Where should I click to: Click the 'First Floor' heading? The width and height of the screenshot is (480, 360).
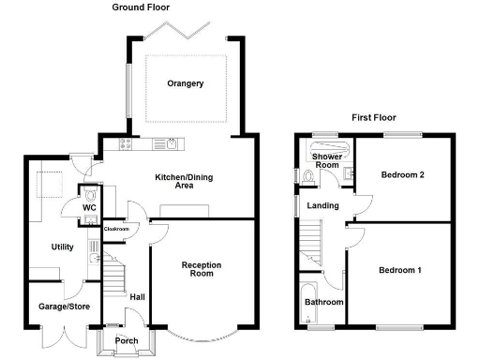(x=374, y=118)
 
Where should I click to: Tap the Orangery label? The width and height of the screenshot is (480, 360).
(x=185, y=83)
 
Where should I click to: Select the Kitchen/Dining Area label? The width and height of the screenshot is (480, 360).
(x=173, y=181)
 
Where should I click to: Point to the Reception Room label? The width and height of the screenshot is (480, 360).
(x=201, y=270)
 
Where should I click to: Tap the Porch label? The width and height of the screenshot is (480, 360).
(x=126, y=340)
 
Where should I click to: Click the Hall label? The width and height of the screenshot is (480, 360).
(x=137, y=297)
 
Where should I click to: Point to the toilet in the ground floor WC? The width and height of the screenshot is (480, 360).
(x=89, y=196)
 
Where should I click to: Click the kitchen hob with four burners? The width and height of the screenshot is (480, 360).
(x=126, y=143)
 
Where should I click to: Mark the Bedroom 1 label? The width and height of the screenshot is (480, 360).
(x=399, y=271)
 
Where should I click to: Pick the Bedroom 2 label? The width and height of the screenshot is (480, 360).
(x=402, y=175)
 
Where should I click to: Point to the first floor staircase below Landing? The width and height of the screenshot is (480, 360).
(x=311, y=245)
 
